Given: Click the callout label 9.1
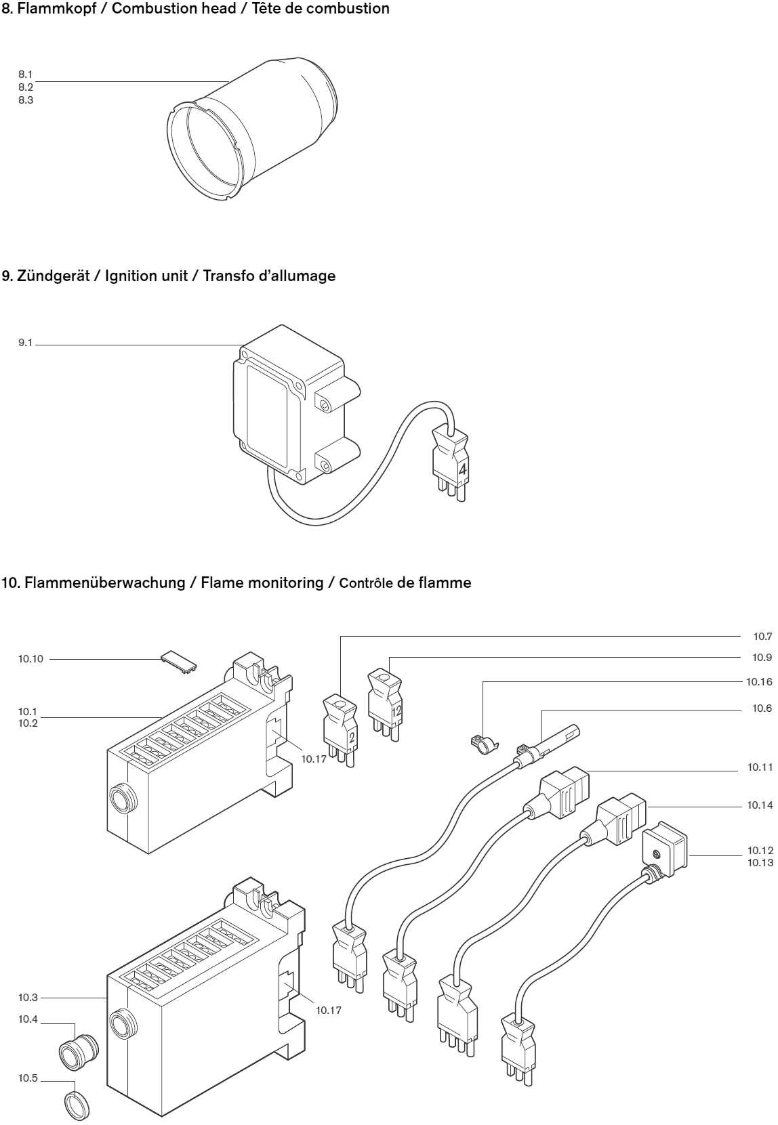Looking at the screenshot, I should click(25, 343).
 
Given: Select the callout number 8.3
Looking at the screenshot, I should click(26, 100).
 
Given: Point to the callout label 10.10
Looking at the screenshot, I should click(30, 658).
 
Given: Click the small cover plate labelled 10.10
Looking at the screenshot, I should click(180, 662).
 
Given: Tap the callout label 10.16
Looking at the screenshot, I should click(759, 682).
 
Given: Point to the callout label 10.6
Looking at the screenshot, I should click(762, 708).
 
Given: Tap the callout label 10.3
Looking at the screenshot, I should click(28, 998).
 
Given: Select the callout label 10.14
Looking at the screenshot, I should click(760, 805).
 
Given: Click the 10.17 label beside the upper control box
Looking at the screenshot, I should click(314, 759).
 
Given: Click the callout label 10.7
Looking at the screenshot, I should click(762, 637).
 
